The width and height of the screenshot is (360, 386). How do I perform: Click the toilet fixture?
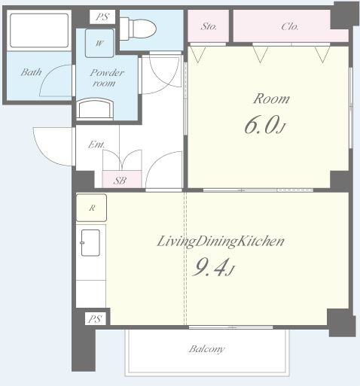coord(138,29)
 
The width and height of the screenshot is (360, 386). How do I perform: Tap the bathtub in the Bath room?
coord(39,30)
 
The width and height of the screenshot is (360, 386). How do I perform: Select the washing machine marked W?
coord(99,44)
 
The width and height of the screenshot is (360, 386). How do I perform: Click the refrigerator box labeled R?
coord(91,208)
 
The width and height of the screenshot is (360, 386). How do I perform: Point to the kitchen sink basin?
coord(90,243)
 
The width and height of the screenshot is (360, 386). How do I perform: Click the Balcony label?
coord(207,349)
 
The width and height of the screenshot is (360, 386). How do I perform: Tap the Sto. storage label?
coord(209,26)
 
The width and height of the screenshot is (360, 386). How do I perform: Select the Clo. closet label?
coord(290,26)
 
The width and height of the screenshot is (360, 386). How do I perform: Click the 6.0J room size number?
coord(264,125)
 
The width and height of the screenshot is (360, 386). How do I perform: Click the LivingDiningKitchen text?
coord(221,242)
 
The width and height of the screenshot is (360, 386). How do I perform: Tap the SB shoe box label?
coord(120,181)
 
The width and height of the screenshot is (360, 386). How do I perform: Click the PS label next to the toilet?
coord(102,17)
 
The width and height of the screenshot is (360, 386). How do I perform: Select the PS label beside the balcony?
coord(95,319)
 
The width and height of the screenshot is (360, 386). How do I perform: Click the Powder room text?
coord(107,78)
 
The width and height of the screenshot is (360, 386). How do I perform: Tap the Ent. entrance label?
coord(96,144)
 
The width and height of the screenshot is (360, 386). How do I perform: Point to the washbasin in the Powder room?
coord(95,108)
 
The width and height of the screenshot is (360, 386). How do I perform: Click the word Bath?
coord(31,72)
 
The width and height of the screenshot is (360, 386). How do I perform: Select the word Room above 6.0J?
coord(271,99)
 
